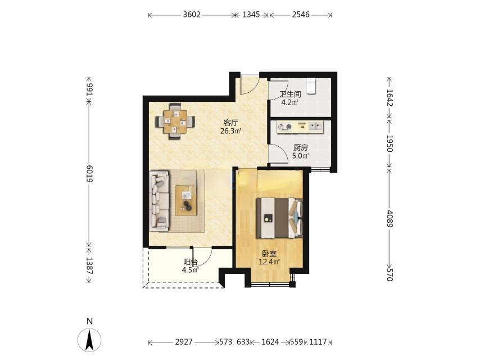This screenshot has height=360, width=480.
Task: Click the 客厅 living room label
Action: click(x=231, y=123)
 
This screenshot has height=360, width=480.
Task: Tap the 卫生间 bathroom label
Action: click(x=290, y=94)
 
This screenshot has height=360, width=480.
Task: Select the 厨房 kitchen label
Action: click(x=300, y=148)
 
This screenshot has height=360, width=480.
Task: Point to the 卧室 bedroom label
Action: click(x=269, y=254)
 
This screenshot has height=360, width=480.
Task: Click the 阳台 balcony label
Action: click(x=191, y=262)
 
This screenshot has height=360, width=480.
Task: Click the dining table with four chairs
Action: click(x=175, y=121)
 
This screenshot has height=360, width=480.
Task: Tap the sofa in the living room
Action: click(x=159, y=201)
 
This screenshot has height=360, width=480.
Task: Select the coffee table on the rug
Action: click(x=186, y=201)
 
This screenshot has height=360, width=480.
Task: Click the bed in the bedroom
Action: click(x=279, y=218)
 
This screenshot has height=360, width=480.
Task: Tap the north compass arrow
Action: click(x=89, y=340)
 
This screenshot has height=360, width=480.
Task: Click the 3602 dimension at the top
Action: click(x=192, y=15)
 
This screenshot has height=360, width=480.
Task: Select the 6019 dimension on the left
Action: click(x=89, y=174)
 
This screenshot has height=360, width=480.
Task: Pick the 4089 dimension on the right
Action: click(x=390, y=218)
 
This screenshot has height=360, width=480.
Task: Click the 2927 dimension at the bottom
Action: click(x=184, y=341)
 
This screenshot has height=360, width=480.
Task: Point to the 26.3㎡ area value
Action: click(x=231, y=131)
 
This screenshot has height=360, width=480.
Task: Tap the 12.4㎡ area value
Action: click(x=269, y=262)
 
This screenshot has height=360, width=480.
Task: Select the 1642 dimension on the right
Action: click(x=390, y=97)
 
